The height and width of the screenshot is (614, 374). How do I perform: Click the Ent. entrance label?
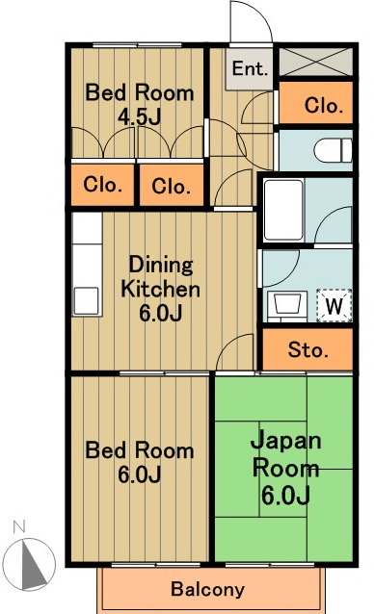tap(249, 68)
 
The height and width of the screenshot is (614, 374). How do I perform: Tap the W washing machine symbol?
tap(334, 306)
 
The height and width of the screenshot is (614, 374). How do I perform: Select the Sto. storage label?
tap(307, 349)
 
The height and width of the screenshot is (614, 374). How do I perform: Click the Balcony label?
tap(207, 589)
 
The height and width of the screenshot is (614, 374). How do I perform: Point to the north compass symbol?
tap(33, 563)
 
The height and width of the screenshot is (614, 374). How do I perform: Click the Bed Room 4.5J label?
tap(139, 105)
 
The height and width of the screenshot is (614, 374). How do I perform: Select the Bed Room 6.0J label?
tap(139, 462)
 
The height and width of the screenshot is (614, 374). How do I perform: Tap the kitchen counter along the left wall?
tap(86, 265)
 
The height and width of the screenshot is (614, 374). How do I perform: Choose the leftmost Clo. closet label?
tap(101, 185)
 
